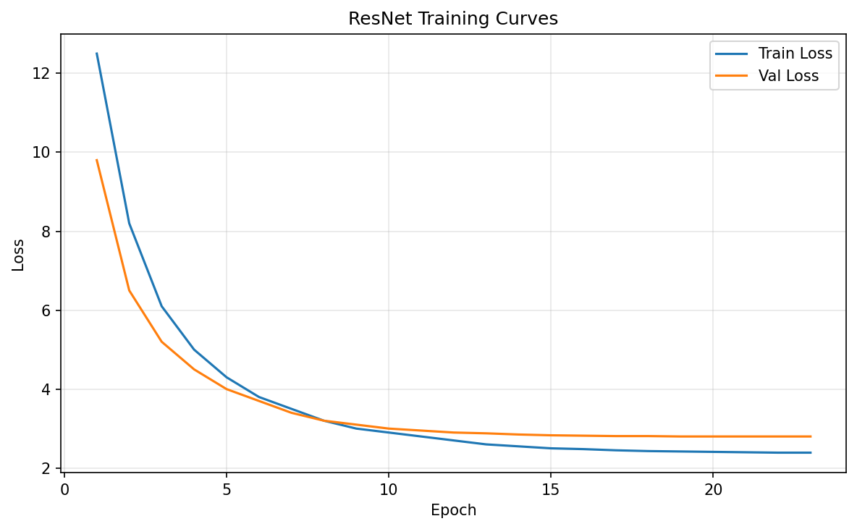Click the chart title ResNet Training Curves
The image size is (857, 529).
click(453, 19)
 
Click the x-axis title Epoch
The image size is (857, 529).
click(453, 510)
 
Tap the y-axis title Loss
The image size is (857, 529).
click(18, 255)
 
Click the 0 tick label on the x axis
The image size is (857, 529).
click(64, 490)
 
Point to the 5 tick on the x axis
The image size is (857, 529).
click(227, 490)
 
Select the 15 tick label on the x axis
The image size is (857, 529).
click(551, 490)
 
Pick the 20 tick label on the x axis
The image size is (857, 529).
click(713, 490)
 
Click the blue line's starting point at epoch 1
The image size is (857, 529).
click(97, 54)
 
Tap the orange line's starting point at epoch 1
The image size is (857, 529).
click(97, 160)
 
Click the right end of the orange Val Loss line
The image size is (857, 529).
click(811, 436)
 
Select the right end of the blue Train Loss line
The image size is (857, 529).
click(811, 452)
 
